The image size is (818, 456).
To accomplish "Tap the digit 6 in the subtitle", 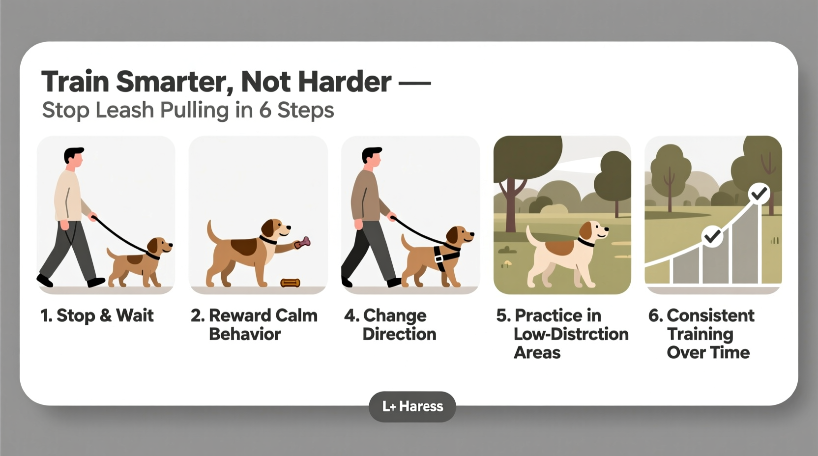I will [265, 110].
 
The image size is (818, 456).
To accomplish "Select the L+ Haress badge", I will [412, 406].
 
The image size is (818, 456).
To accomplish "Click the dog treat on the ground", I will [290, 283].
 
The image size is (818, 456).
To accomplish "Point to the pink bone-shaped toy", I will [302, 243].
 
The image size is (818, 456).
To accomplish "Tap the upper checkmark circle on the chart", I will [759, 194].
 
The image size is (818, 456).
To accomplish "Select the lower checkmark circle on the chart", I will [711, 237].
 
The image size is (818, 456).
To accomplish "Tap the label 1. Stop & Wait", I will [97, 315].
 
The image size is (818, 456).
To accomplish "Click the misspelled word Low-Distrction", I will [571, 334].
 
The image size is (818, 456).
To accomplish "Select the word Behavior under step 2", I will [245, 334].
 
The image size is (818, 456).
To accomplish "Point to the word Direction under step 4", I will [399, 334].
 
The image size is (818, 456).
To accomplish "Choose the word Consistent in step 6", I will [710, 315].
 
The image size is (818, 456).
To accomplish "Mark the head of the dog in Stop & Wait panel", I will [159, 246].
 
